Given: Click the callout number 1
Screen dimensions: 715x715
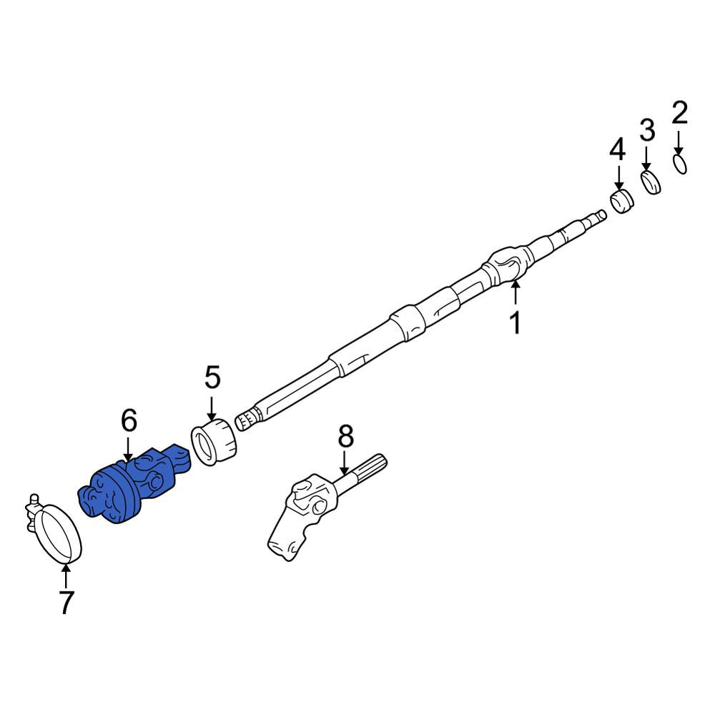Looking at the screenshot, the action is tap(516, 323).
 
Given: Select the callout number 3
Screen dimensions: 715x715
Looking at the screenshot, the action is tap(647, 129).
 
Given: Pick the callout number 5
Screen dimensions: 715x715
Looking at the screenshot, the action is tap(212, 377).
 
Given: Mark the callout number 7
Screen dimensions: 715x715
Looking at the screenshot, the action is tap(66, 602).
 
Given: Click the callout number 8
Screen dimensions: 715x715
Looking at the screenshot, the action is tap(345, 435).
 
